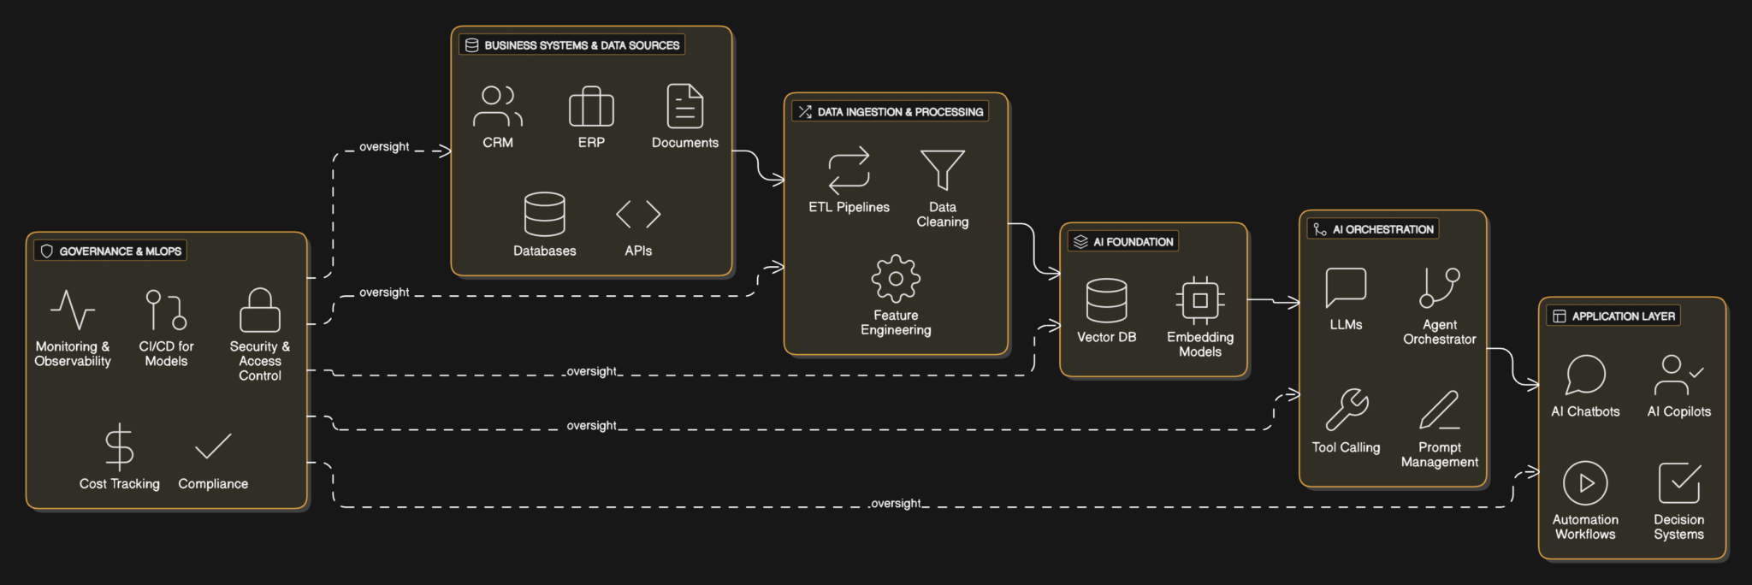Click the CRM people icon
coord(497,106)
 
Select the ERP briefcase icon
coord(591,107)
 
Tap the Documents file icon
coord(684,106)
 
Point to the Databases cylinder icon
coord(544,214)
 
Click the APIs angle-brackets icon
coord(638,214)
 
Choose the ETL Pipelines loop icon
coord(849,168)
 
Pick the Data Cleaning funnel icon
coord(942,169)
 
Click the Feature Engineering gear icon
coord(896,278)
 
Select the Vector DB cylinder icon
coord(1106,300)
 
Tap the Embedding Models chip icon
coord(1200,300)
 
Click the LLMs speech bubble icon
coord(1346,287)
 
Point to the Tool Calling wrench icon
coord(1347,409)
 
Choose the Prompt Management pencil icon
coord(1440,410)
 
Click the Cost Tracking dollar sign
coord(119,446)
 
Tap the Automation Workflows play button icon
coord(1585,483)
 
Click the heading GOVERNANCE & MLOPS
coord(120,251)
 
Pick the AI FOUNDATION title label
coord(1133,242)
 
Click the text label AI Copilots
coord(1678,411)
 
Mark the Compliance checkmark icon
coord(213,446)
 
